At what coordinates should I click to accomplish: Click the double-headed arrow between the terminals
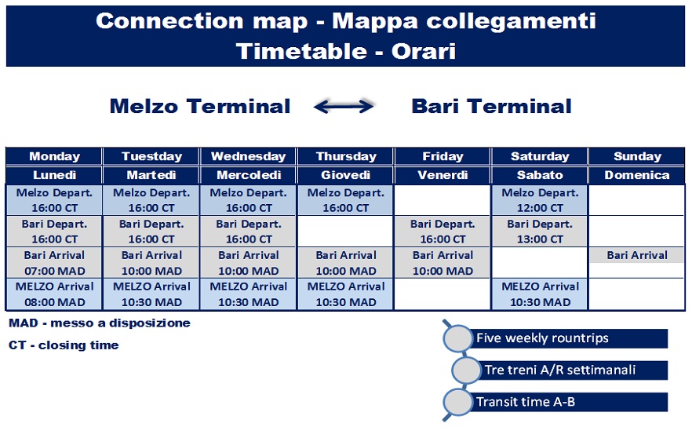click(x=344, y=107)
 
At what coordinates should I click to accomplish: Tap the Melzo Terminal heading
click(x=200, y=107)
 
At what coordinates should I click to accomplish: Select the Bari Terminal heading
click(x=491, y=107)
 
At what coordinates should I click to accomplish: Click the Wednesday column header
click(x=249, y=156)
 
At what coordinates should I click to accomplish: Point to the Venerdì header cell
click(x=443, y=175)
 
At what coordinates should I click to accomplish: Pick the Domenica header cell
click(x=637, y=175)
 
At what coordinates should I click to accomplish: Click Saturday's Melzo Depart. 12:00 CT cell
click(x=540, y=200)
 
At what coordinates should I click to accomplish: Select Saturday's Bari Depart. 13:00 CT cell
click(x=540, y=232)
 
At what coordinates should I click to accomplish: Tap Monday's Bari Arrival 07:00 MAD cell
click(x=54, y=263)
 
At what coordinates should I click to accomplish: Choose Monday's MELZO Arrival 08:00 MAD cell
click(x=54, y=294)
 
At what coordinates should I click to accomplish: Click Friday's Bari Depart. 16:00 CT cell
click(x=443, y=232)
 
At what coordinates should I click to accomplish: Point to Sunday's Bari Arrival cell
click(x=637, y=255)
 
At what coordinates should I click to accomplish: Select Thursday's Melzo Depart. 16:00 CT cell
click(x=345, y=200)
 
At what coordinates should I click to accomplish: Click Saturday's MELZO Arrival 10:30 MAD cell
click(x=540, y=294)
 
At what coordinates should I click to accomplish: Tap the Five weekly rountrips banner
click(x=555, y=338)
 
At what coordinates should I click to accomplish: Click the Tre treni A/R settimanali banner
click(x=559, y=370)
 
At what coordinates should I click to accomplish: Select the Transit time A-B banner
click(x=555, y=402)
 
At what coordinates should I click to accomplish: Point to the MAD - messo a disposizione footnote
click(x=100, y=323)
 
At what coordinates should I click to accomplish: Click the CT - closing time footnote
click(x=64, y=345)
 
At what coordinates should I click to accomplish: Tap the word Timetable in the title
click(x=301, y=51)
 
